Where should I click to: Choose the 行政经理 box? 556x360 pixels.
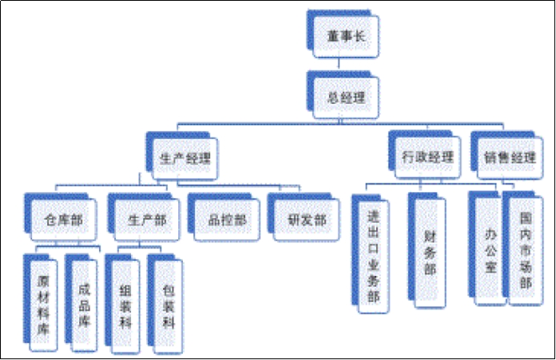[x=427, y=156]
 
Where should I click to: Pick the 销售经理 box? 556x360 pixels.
[x=509, y=156]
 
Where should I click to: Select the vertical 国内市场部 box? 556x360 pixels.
[x=526, y=243]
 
